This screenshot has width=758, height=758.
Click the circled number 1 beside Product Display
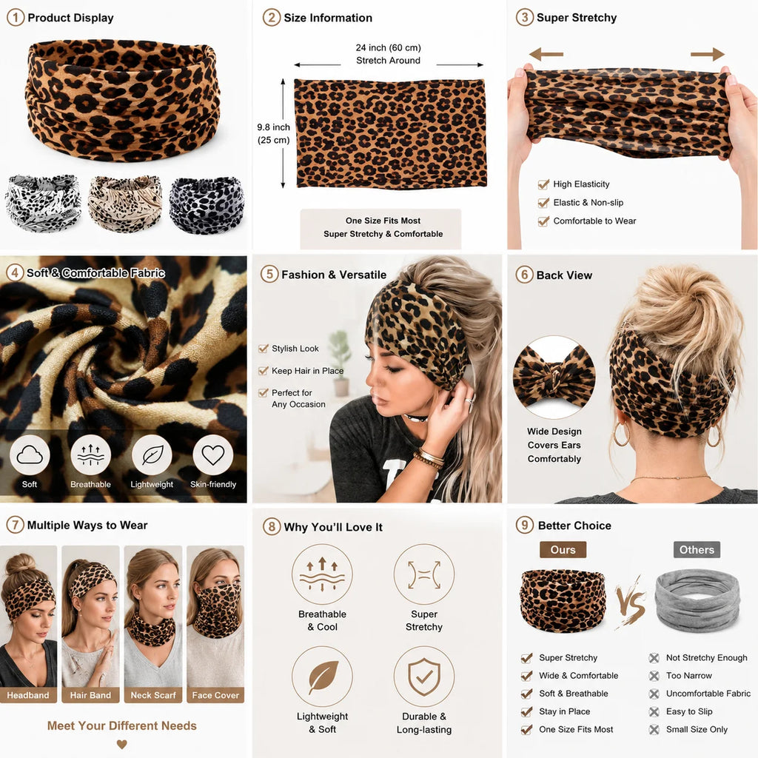tap(15, 18)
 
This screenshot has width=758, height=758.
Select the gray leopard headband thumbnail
tap(207, 205)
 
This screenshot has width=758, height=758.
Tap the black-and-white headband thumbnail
tap(44, 204)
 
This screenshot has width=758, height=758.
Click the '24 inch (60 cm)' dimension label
tap(388, 47)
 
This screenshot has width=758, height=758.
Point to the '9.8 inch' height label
tap(274, 127)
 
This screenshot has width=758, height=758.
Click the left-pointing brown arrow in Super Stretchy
tap(546, 54)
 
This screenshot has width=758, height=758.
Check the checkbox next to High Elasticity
tap(544, 184)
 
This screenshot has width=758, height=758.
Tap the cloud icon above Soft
tap(30, 455)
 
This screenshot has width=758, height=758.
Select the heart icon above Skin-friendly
tap(212, 455)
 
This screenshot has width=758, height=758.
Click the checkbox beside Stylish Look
tap(264, 349)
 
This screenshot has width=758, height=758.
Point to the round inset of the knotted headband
tap(554, 377)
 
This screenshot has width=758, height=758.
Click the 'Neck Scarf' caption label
tap(153, 695)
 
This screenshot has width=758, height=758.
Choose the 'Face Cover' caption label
tap(215, 695)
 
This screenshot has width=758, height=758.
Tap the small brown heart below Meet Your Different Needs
tap(122, 745)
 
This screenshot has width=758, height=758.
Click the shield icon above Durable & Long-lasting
tap(424, 677)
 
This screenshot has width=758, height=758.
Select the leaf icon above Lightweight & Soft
tap(322, 677)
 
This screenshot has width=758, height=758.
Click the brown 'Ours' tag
tap(563, 550)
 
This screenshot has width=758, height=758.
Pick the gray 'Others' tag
tap(697, 550)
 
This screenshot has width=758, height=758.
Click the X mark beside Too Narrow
tap(654, 676)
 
